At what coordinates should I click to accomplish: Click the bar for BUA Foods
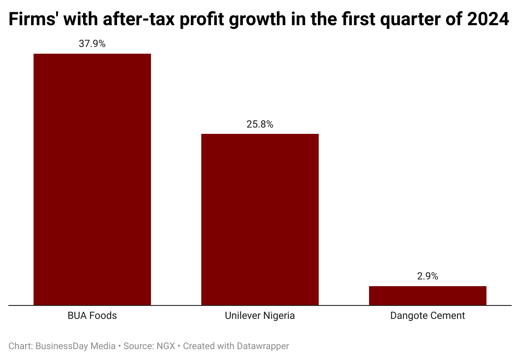[x=92, y=179]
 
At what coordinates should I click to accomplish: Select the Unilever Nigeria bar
[x=260, y=219]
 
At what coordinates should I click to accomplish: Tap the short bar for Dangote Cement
[x=428, y=295]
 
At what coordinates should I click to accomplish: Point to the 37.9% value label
[x=92, y=44]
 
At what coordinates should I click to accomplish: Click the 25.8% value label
[x=260, y=124]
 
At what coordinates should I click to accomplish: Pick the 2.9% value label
[x=428, y=276]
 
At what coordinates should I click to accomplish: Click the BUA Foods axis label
[x=92, y=316]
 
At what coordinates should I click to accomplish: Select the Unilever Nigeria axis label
[x=260, y=316]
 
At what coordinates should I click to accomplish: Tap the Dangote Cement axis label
[x=428, y=316]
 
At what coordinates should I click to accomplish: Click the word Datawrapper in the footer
[x=263, y=346]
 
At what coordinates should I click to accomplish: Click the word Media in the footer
[x=103, y=346]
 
